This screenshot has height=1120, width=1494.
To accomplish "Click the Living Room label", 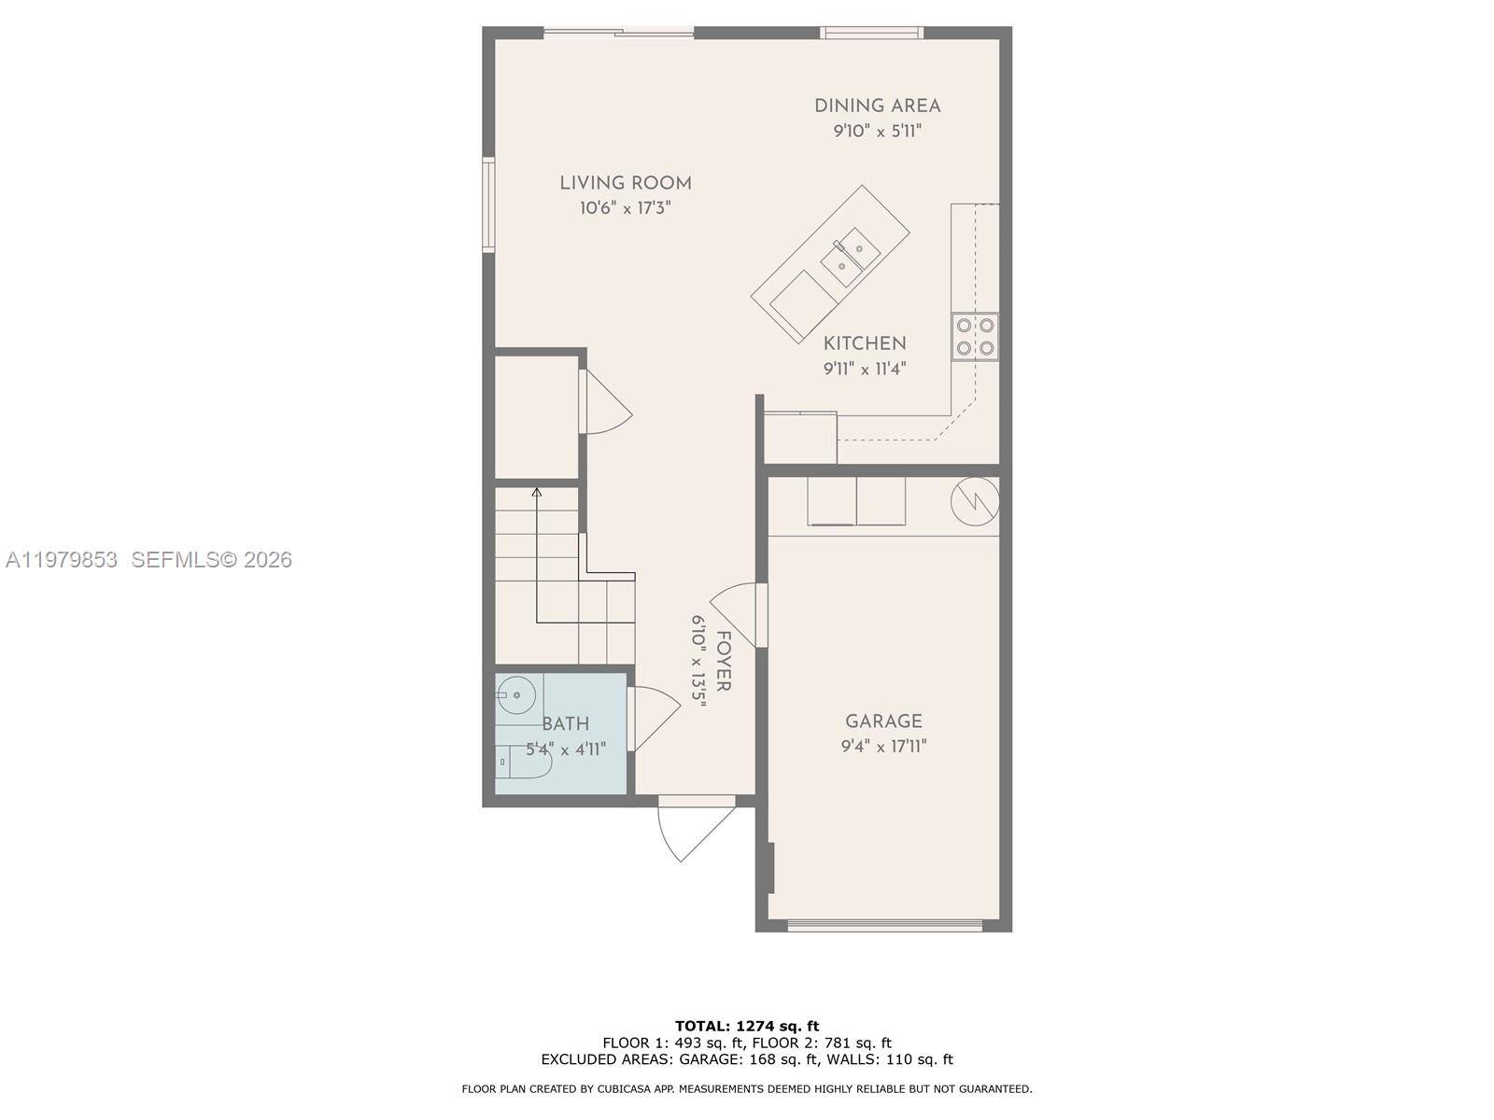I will pos(626,183).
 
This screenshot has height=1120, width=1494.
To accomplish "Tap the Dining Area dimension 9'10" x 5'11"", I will pos(877,132).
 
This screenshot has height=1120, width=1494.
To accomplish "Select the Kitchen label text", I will pos(865,343).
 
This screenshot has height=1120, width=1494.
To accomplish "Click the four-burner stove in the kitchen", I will pos(975,337).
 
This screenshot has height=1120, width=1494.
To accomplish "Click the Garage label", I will pos(883,721).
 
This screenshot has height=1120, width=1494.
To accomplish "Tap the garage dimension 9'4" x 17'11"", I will pos(883,747).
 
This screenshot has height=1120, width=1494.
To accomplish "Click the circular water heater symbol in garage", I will pos(975,502).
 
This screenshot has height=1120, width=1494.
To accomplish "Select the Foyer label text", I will pos(723,661).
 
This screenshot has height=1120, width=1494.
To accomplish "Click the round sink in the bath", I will pos(515,695).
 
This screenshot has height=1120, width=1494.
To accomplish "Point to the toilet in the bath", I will pos(522,762).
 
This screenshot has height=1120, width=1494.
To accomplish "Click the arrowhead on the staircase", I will pos(537,491).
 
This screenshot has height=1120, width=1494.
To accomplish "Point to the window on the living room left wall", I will pos(488,204).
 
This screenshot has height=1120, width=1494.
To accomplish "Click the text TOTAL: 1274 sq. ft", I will pos(747,1026).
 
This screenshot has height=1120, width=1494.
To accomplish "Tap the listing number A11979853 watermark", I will pos(62,560).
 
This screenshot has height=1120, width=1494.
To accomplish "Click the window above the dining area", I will pos(871,34).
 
